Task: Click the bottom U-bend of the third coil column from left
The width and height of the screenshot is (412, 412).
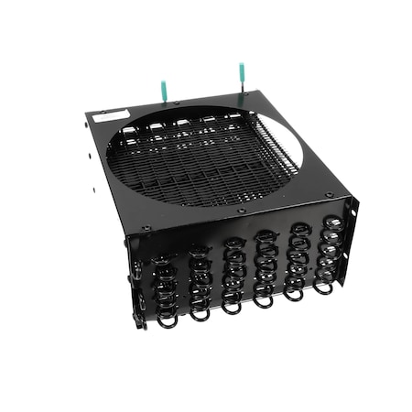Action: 233,308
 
